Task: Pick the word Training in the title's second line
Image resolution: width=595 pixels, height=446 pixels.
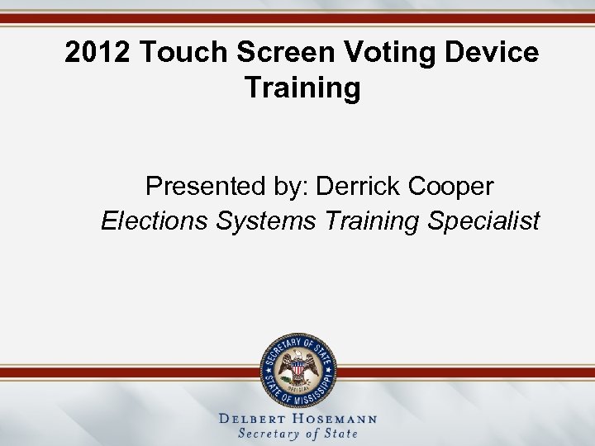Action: [x=302, y=88]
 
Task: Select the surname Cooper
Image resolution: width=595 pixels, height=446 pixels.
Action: [x=452, y=187]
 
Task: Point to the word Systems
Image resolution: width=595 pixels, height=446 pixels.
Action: [x=267, y=221]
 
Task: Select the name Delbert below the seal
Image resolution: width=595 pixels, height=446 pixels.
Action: [x=254, y=419]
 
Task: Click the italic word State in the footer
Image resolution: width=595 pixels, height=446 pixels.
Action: [x=341, y=434]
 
